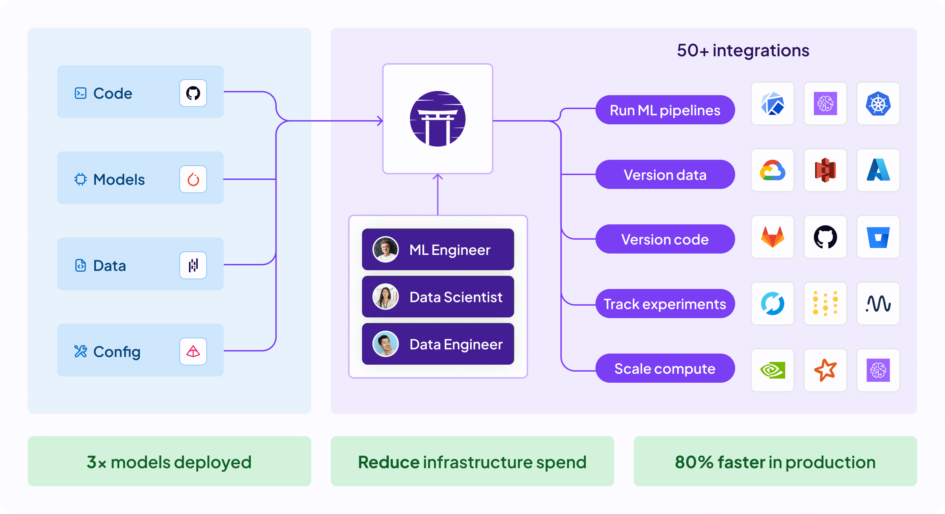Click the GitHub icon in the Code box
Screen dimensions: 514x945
click(193, 93)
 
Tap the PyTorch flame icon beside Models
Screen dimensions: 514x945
click(193, 179)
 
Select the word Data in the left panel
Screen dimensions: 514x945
click(109, 265)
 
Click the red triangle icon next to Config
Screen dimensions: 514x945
click(193, 351)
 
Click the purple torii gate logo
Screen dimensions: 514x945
click(437, 119)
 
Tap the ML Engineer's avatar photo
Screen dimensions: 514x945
click(385, 249)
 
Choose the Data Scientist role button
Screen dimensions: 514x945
click(438, 297)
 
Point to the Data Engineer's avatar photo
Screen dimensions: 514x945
click(385, 344)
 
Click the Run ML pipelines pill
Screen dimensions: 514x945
click(665, 110)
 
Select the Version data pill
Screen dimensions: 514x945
click(665, 174)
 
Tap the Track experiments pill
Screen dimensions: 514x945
click(665, 304)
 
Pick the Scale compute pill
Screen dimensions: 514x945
click(665, 368)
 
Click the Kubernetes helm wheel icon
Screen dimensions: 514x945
click(878, 104)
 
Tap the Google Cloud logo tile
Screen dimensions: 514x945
click(772, 171)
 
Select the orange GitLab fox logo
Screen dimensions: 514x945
click(772, 237)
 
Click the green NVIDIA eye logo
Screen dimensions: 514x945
click(772, 370)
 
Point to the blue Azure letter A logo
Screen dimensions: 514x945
click(878, 171)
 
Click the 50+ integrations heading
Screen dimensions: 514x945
click(743, 50)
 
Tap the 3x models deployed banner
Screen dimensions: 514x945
click(169, 461)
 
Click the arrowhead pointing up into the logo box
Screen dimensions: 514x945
click(438, 177)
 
